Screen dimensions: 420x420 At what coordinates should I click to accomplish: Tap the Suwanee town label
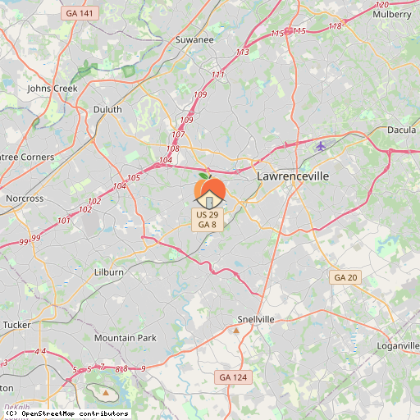point(194,39)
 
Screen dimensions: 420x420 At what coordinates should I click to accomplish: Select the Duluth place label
point(107,109)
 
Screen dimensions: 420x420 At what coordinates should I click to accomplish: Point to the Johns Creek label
point(51,88)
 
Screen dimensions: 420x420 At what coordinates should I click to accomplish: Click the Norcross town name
point(24,199)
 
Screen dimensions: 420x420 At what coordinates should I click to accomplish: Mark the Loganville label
point(398,346)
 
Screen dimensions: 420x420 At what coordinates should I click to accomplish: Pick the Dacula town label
point(401,130)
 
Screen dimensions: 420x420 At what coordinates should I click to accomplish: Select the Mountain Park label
point(125,338)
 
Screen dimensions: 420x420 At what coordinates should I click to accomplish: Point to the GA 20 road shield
point(346,278)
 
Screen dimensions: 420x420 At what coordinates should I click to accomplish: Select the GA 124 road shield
point(232,377)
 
